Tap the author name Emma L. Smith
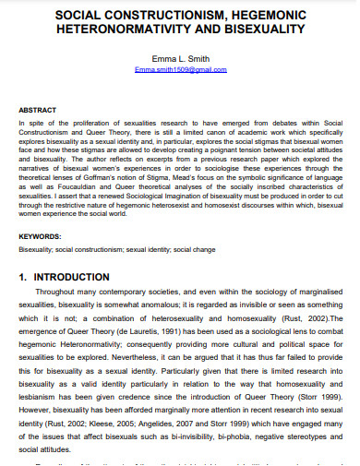(180, 58)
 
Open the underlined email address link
(180, 70)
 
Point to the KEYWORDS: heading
(41, 237)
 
